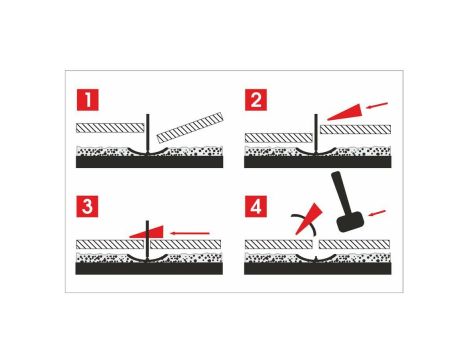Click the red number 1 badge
pos(91,100)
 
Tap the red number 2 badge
pos(258,100)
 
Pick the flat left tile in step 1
pos(110,129)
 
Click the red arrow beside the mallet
pos(377,211)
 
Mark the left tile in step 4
pos(275,243)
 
